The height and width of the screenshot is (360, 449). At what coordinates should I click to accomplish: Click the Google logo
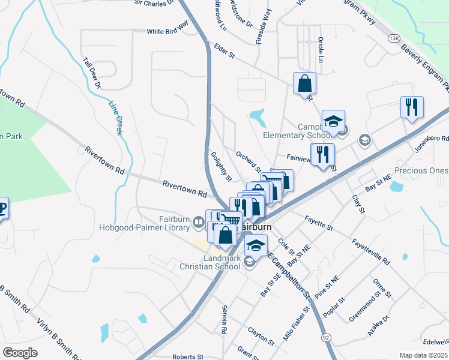(20, 352)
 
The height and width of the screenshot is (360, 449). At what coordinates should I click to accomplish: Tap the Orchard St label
(248, 161)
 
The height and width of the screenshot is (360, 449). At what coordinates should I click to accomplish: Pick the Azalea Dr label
(379, 325)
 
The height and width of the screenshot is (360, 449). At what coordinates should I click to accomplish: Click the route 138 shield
(393, 38)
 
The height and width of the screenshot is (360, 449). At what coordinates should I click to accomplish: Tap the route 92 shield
(325, 338)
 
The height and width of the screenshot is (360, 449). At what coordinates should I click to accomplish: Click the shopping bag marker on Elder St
(304, 83)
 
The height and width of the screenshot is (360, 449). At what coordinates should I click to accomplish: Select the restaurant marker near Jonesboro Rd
(412, 107)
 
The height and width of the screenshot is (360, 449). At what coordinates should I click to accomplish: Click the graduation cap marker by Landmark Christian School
(256, 245)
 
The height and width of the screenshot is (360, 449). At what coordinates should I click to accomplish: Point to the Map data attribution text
(424, 355)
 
